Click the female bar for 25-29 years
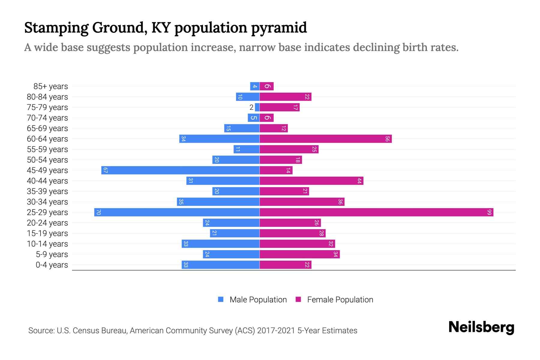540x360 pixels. (376, 212)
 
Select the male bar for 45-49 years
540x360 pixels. (180, 170)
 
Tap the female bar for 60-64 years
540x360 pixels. (325, 139)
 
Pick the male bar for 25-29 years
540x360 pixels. (177, 212)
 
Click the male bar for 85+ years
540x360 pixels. (255, 86)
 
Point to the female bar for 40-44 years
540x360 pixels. (311, 181)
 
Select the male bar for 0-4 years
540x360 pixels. (220, 265)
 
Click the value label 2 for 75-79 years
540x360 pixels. (251, 107)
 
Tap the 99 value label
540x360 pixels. (489, 212)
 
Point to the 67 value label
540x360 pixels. (105, 170)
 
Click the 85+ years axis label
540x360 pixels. (51, 86)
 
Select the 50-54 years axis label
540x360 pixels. (47, 160)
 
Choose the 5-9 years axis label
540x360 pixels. (52, 254)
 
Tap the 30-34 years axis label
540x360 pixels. (47, 202)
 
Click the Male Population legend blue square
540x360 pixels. (221, 299)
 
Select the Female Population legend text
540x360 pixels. (340, 300)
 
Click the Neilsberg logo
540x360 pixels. (481, 327)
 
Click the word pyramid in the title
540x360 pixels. (279, 28)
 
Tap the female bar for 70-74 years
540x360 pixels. (267, 118)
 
